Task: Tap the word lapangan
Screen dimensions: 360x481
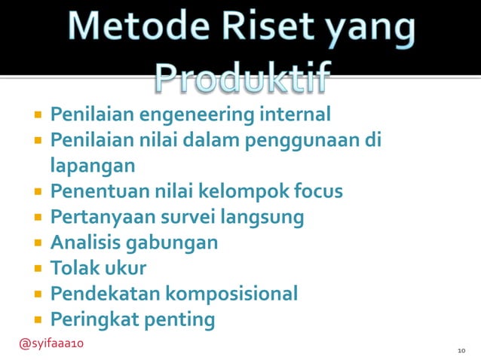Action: pyautogui.click(x=93, y=166)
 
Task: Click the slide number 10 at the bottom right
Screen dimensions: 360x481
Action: pyautogui.click(x=461, y=351)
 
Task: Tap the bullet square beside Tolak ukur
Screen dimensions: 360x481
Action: pyautogui.click(x=36, y=268)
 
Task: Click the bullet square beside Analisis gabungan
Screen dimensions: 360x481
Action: pyautogui.click(x=36, y=243)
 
